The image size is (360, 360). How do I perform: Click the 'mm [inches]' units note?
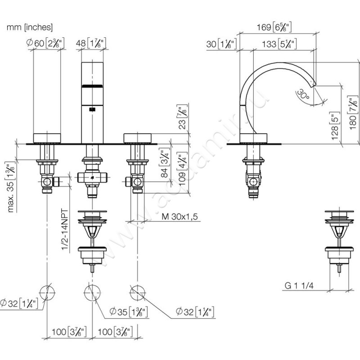click(x=30, y=27)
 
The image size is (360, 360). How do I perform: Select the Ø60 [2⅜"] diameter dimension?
click(x=47, y=43)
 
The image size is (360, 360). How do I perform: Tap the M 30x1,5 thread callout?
click(x=180, y=216)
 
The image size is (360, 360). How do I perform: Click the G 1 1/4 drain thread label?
click(x=300, y=285)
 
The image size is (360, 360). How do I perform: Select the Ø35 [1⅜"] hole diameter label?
click(x=130, y=311)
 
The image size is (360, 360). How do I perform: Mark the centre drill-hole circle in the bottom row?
click(x=93, y=293)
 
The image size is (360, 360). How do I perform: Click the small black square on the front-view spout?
click(x=93, y=108)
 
